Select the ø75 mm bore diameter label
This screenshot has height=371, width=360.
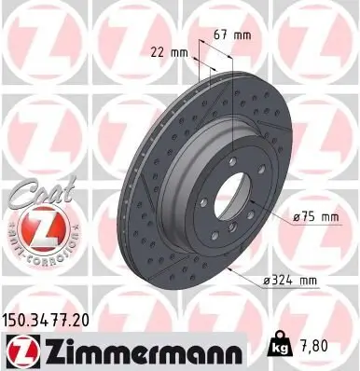tap(313, 218)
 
